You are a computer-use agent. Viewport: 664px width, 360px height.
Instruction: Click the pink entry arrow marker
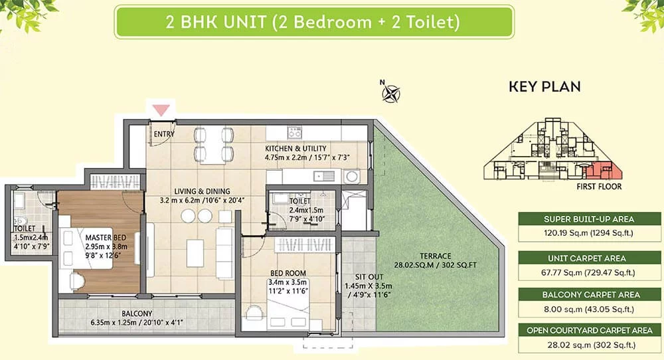[161, 110]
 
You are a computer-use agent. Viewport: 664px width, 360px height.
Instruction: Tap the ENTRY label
[164, 134]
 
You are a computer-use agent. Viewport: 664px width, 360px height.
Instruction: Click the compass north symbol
[390, 93]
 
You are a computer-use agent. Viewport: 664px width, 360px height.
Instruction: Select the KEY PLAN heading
[544, 86]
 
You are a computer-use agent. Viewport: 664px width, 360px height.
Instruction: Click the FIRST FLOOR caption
[599, 187]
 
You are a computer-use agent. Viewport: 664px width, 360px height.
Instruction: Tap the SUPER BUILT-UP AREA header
[589, 219]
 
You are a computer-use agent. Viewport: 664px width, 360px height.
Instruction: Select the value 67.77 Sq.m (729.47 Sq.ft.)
[588, 273]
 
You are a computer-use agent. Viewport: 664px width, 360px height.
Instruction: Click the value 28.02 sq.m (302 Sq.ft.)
[591, 345]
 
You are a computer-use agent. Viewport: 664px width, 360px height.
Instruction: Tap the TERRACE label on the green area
[436, 256]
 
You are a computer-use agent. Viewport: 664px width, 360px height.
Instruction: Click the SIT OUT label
[369, 277]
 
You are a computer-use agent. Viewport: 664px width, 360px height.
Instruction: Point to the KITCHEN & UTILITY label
[295, 148]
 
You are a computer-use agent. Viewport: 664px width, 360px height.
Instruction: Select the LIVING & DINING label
[202, 191]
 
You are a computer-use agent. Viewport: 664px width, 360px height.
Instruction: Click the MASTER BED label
[106, 238]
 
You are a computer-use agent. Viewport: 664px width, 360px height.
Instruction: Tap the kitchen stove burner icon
[294, 133]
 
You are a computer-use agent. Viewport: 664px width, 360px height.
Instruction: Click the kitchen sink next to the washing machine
[324, 176]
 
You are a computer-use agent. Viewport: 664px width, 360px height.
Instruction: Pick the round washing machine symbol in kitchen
[351, 176]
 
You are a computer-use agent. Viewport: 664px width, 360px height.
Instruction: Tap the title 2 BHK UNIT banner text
[313, 22]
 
